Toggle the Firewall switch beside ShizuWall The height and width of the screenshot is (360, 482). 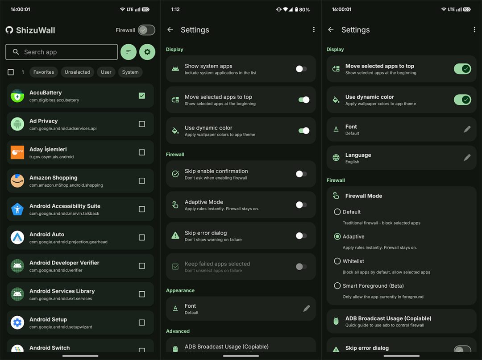[146, 30]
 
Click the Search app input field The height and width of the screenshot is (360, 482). [62, 52]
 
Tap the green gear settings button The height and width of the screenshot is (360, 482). [147, 52]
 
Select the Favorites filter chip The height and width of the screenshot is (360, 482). [44, 72]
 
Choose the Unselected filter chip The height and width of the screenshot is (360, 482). [78, 72]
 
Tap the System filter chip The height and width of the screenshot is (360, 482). [130, 72]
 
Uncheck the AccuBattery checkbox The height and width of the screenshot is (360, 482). [142, 96]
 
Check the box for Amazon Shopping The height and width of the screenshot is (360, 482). [142, 180]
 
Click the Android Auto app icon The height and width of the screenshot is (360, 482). [17, 237]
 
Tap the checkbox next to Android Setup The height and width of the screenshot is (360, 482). [142, 322]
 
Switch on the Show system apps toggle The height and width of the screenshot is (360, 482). [301, 69]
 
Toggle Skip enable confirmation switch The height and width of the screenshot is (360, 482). [301, 174]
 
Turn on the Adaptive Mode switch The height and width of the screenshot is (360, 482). [301, 205]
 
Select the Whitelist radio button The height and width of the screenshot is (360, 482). [337, 261]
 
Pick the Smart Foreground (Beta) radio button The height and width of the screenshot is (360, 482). [337, 286]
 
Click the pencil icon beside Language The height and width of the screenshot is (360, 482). [467, 158]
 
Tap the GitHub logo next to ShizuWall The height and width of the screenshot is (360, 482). [9, 30]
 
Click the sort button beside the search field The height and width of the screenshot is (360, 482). [129, 52]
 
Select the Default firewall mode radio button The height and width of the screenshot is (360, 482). [337, 212]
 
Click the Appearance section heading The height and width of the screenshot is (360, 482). [180, 290]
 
